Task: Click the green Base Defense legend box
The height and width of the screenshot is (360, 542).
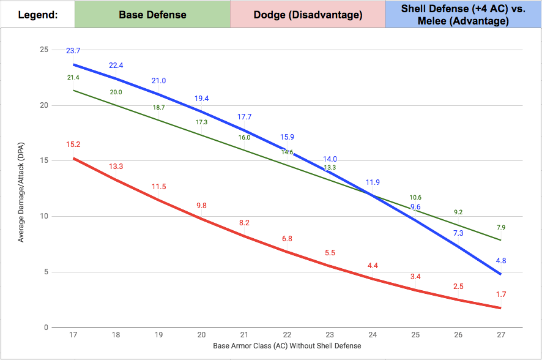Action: [x=152, y=14]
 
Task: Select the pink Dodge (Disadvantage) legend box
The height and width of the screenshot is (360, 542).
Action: [x=308, y=14]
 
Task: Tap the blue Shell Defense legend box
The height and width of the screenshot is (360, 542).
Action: [x=463, y=14]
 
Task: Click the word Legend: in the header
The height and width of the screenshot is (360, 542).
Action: [x=38, y=14]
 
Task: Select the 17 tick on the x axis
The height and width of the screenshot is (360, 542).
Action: [x=73, y=336]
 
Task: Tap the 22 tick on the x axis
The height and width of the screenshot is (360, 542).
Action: [x=287, y=336]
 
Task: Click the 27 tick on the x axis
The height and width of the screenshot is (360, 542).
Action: [x=501, y=336]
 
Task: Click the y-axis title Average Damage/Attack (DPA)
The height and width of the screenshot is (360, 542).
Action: [x=21, y=189]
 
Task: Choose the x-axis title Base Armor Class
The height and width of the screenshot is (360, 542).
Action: [x=287, y=346]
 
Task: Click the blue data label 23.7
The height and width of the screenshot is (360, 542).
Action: [x=73, y=50]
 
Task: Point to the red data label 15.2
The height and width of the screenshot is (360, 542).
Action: [x=73, y=144]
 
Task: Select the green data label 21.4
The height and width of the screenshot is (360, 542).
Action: [x=73, y=78]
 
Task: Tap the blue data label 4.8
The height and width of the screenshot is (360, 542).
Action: [x=501, y=260]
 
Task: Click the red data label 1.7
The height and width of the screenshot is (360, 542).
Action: [x=501, y=294]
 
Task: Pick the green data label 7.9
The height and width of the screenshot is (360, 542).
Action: [x=501, y=228]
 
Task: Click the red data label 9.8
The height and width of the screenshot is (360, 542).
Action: [x=201, y=206]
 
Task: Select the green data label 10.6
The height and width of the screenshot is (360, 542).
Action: [x=415, y=197]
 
